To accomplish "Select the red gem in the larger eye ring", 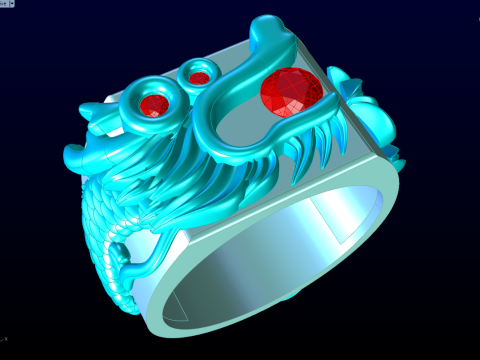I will tap(154, 104).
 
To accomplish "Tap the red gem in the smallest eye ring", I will tap(199, 77).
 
